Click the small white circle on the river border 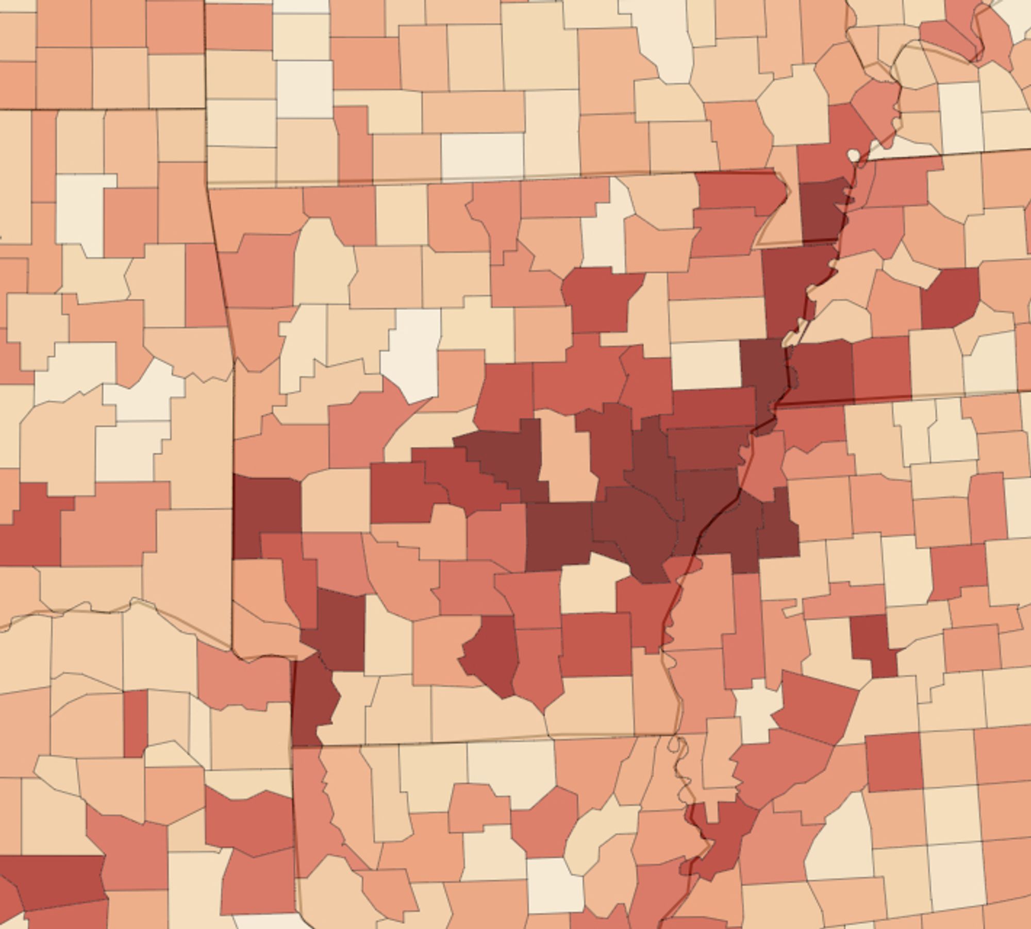854,155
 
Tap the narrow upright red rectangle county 136,723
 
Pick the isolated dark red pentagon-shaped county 950,297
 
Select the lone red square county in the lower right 893,763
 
